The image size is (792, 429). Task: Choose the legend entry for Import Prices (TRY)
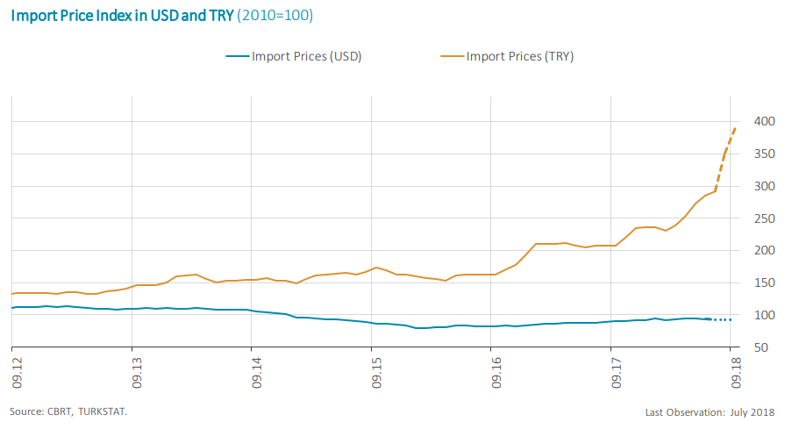click(x=508, y=56)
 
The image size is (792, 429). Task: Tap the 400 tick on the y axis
click(x=764, y=121)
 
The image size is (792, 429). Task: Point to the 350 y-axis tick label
click(x=764, y=154)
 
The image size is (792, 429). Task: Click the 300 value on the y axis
click(x=764, y=186)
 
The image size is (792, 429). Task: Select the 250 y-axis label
click(x=764, y=218)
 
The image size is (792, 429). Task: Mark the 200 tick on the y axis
click(x=764, y=251)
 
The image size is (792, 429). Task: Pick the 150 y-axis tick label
click(x=764, y=283)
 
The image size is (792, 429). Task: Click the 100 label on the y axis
click(x=764, y=316)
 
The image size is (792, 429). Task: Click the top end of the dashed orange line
click(x=735, y=128)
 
